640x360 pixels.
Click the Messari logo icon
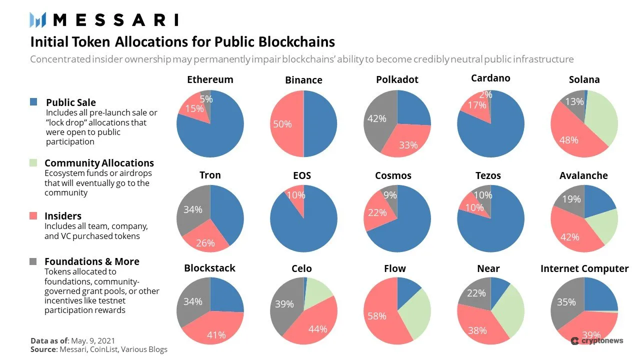pos(38,20)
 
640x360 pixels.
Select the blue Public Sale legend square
pos(33,102)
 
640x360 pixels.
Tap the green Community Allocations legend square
pos(33,162)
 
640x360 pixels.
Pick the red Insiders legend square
pos(33,215)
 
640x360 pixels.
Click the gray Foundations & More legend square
pos(33,261)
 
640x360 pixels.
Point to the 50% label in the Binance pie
pos(282,124)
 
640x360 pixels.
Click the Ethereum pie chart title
pos(210,79)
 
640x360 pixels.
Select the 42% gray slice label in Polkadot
pos(376,118)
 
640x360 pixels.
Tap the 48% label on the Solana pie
pos(568,140)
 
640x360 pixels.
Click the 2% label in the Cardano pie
pos(485,94)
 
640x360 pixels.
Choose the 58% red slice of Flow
pos(376,316)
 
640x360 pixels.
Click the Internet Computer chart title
pos(584,268)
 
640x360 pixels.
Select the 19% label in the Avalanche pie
pos(571,199)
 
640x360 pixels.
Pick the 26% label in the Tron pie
pos(205,243)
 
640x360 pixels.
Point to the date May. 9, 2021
pos(91,340)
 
